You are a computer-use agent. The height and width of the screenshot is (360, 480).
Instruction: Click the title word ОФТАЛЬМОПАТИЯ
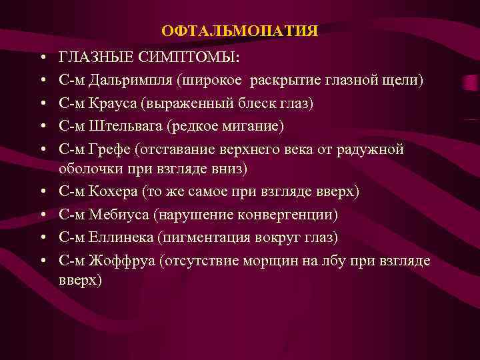pos(240,31)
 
